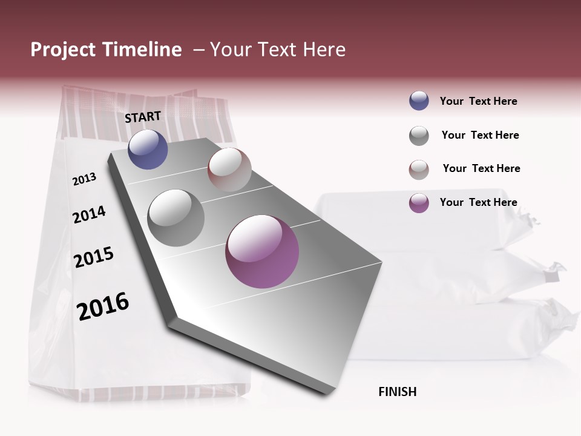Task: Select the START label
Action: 143,117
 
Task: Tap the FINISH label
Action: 397,392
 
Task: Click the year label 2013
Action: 84,179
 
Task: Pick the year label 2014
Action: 89,214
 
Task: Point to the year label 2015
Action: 94,257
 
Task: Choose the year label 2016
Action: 103,306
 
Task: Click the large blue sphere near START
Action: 148,149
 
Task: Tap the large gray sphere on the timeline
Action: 176,217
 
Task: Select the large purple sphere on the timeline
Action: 262,251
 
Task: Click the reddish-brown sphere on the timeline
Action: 229,170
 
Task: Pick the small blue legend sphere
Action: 419,101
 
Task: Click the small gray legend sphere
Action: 419,136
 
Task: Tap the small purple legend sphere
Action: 419,203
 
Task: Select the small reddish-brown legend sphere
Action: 419,170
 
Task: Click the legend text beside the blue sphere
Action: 478,101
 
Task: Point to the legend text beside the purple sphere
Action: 478,202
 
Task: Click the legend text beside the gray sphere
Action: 480,135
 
